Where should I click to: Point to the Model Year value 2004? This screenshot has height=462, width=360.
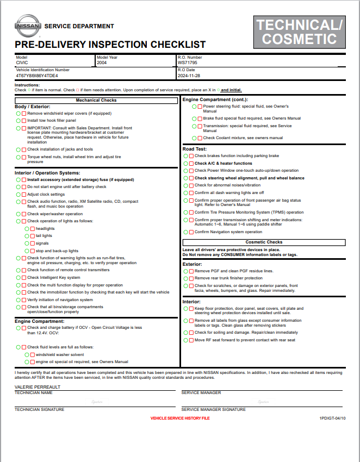click(x=102, y=63)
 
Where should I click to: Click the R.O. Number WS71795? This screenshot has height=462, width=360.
click(x=188, y=63)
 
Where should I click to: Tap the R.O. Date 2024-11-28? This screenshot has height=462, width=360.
click(x=189, y=76)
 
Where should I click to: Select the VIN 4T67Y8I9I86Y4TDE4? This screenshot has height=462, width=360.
click(x=37, y=76)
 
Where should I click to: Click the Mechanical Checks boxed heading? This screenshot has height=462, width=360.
click(x=96, y=101)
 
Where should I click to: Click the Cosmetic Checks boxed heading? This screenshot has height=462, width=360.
click(x=264, y=242)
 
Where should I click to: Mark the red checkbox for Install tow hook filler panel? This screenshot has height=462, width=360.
click(x=23, y=120)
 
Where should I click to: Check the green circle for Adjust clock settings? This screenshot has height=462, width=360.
click(x=18, y=194)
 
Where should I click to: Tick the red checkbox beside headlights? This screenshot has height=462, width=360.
click(x=32, y=229)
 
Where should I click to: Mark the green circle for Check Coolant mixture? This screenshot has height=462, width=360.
click(x=194, y=138)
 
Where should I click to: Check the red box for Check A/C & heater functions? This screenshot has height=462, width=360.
click(x=191, y=163)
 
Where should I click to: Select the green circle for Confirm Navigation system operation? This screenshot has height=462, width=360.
click(x=185, y=232)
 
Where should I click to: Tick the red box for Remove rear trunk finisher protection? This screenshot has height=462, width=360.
click(x=191, y=278)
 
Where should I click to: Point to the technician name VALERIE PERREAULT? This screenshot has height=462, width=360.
click(x=38, y=387)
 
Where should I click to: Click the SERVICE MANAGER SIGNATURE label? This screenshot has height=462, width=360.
click(x=213, y=409)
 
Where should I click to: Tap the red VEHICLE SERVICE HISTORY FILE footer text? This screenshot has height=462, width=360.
click(x=179, y=418)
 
